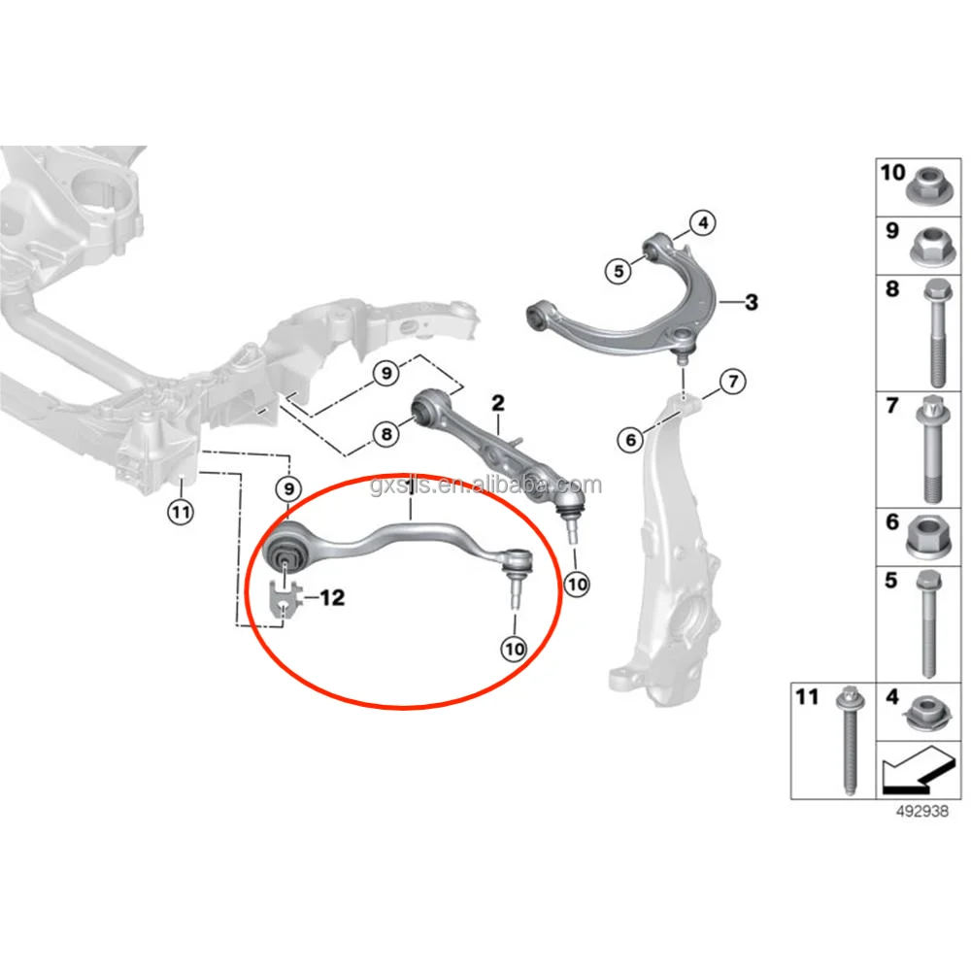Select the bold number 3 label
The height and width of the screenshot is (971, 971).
pyautogui.click(x=751, y=303)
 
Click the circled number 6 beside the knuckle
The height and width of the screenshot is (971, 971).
pyautogui.click(x=631, y=440)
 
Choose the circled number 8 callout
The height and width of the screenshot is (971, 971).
pyautogui.click(x=386, y=434)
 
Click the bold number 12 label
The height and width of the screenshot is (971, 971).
pyautogui.click(x=331, y=598)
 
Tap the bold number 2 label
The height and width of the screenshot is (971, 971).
pyautogui.click(x=498, y=401)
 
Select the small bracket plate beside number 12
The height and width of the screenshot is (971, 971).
pyautogui.click(x=283, y=601)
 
